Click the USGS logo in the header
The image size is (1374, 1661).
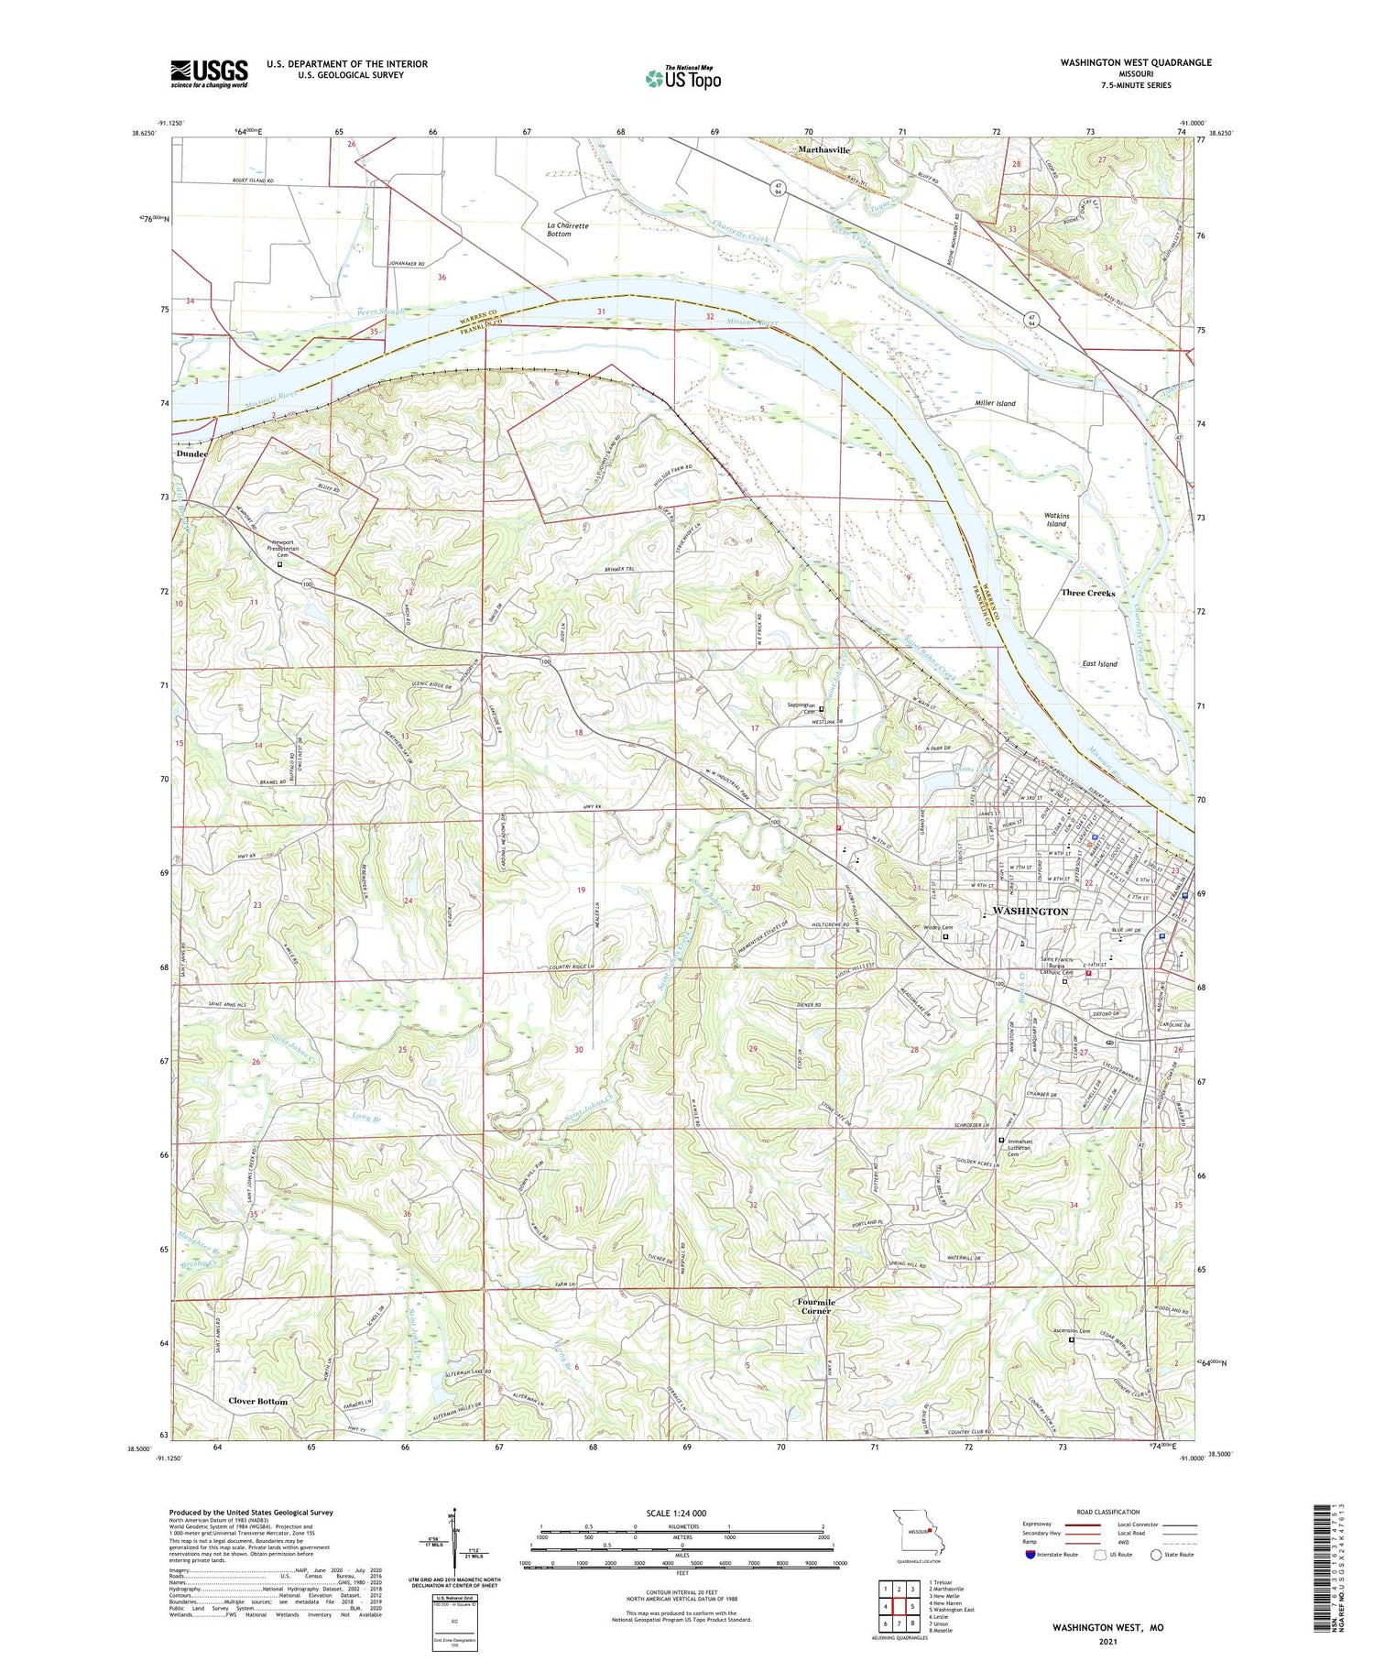click(x=209, y=73)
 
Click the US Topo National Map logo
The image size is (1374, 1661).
click(x=683, y=77)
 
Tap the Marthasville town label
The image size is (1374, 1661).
click(x=823, y=149)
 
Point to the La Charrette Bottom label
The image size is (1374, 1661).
click(x=568, y=229)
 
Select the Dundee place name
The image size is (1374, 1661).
click(x=192, y=453)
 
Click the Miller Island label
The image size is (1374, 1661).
click(x=995, y=403)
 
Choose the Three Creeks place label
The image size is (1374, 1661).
click(x=1087, y=593)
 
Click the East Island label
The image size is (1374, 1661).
click(x=1099, y=663)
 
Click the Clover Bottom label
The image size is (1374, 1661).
click(x=257, y=1401)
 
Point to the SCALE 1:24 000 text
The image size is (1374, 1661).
click(x=682, y=1513)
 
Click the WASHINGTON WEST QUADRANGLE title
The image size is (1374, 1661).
click(x=1135, y=62)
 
